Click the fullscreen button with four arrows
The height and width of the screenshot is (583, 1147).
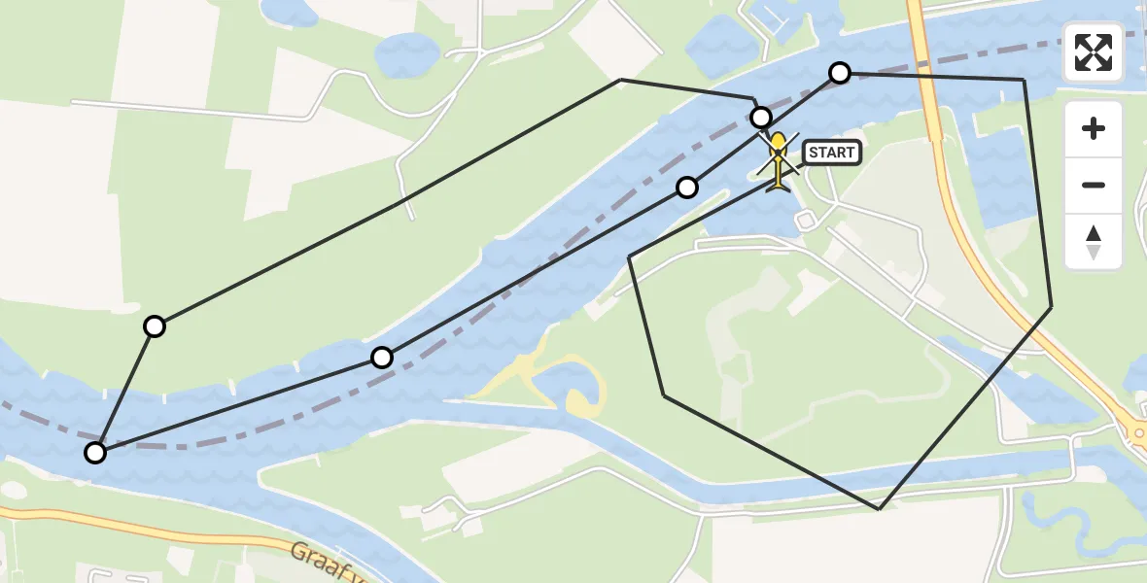(1094, 52)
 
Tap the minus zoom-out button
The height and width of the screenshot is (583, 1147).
(1094, 185)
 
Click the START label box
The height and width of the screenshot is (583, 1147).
(832, 152)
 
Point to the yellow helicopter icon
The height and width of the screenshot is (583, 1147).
(779, 160)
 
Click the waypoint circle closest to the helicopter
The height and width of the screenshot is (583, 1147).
(761, 118)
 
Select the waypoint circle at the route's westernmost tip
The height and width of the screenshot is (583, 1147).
(95, 452)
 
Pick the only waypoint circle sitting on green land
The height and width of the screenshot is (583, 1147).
(155, 326)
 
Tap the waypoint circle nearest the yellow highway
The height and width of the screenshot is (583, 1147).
(840, 73)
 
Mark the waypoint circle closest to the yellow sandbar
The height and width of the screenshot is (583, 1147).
(382, 358)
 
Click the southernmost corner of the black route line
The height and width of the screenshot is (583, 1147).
(879, 508)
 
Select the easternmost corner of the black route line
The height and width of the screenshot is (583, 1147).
(1051, 307)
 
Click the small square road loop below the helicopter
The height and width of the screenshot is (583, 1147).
(805, 221)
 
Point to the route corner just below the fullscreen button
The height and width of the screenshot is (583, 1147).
(1024, 80)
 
